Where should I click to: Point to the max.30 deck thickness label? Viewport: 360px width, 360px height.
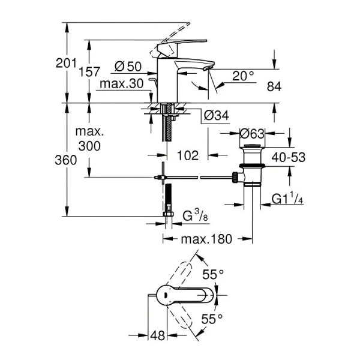pyautogui.click(x=122, y=85)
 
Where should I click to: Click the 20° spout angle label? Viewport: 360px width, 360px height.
pyautogui.click(x=243, y=76)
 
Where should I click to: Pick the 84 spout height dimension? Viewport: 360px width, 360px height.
pyautogui.click(x=274, y=87)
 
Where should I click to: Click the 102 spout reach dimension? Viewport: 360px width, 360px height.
pyautogui.click(x=188, y=155)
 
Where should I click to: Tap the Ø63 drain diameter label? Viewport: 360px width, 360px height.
pyautogui.click(x=253, y=134)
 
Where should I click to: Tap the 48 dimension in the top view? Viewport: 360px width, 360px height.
pyautogui.click(x=157, y=336)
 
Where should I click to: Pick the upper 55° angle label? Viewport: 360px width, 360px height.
pyautogui.click(x=212, y=274)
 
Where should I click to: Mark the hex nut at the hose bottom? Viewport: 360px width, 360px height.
pyautogui.click(x=169, y=212)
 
